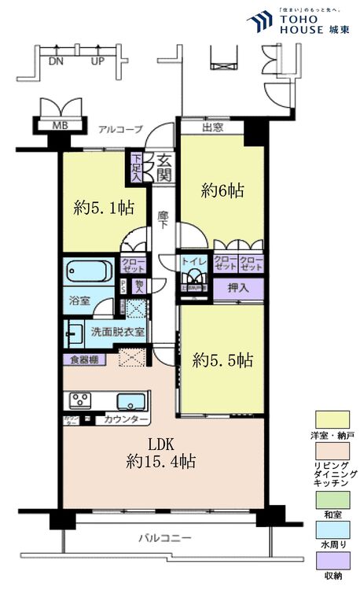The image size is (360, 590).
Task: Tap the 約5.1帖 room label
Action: point(104,208)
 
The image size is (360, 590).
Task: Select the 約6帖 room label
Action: point(222,190)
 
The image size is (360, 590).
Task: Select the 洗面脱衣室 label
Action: point(117,332)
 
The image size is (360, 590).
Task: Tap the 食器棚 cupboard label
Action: point(82,360)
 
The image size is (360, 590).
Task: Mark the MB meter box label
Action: point(60,124)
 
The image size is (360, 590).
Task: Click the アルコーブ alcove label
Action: point(119,127)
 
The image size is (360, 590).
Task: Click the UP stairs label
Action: point(97,60)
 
